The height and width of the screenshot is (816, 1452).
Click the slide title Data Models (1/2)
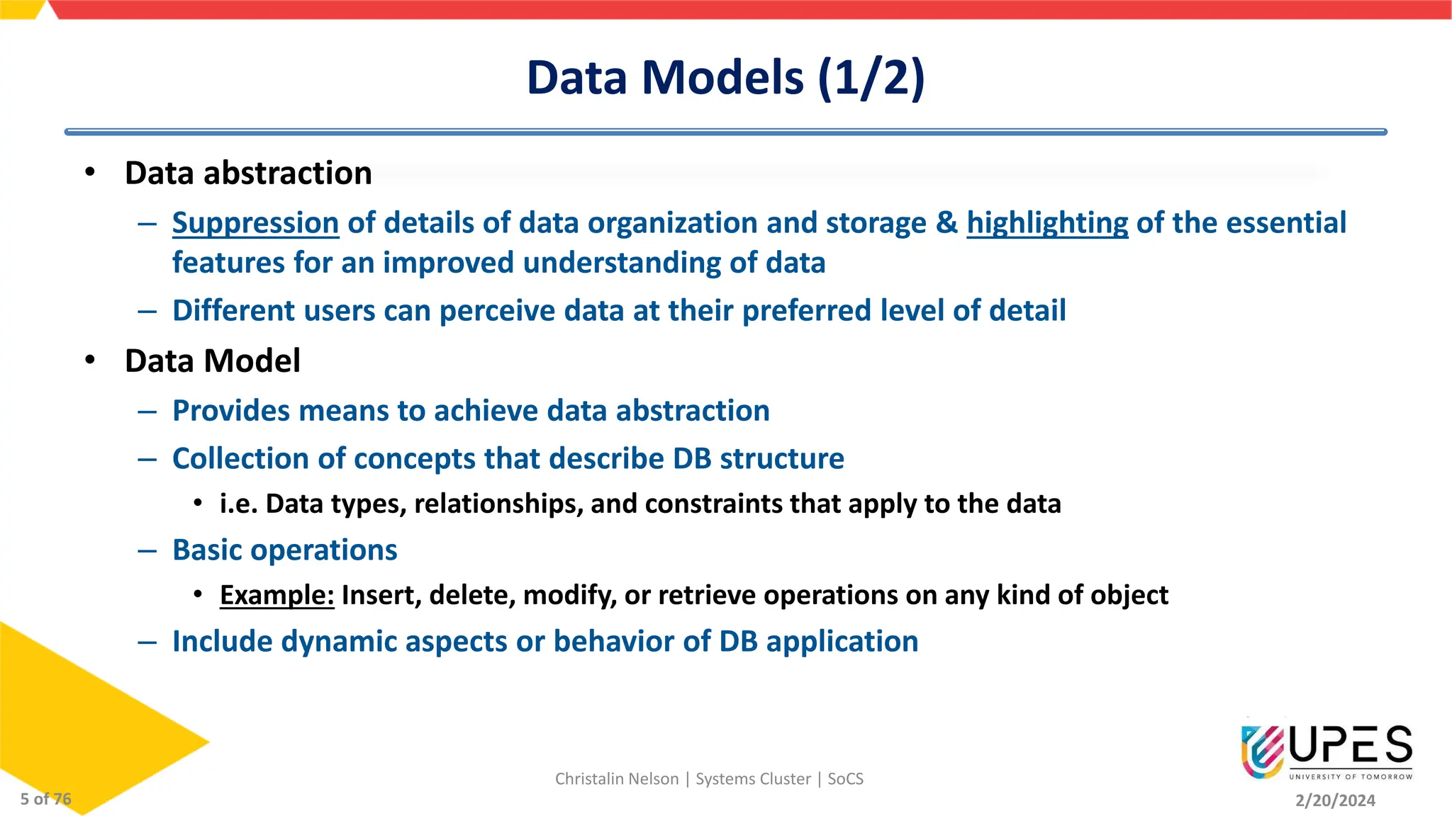click(x=725, y=77)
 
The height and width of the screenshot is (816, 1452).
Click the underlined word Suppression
click(x=255, y=223)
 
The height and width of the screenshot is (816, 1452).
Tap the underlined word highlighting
click(x=1047, y=223)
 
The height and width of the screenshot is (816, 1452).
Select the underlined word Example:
click(x=277, y=596)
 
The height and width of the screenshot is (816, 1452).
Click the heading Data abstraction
click(x=248, y=174)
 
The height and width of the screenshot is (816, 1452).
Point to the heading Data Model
click(x=213, y=361)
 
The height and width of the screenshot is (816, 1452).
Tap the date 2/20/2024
click(x=1335, y=800)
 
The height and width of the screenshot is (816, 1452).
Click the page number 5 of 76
click(x=45, y=799)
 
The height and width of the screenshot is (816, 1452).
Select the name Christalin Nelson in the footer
click(x=617, y=779)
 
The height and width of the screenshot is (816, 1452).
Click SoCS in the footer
click(x=845, y=779)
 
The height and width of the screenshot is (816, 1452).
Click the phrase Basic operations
click(x=285, y=550)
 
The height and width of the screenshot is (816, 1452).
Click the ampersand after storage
click(x=946, y=223)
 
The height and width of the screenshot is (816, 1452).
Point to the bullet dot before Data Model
click(x=89, y=360)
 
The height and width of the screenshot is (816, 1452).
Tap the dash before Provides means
click(x=147, y=412)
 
